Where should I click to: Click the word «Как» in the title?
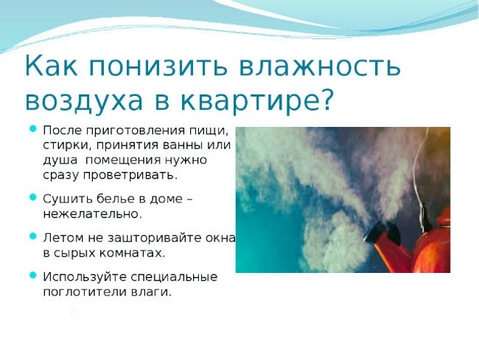(x=52, y=65)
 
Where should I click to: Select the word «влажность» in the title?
(x=319, y=65)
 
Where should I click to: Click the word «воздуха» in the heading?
(x=84, y=102)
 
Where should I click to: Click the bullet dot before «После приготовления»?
(x=33, y=128)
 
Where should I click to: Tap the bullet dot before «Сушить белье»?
(x=33, y=197)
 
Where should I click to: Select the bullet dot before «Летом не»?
(x=33, y=236)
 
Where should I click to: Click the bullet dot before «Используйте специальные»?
(x=33, y=275)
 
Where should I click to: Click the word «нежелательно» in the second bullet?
(x=91, y=214)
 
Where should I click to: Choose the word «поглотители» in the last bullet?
(x=84, y=292)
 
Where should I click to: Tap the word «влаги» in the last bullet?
(x=150, y=292)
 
